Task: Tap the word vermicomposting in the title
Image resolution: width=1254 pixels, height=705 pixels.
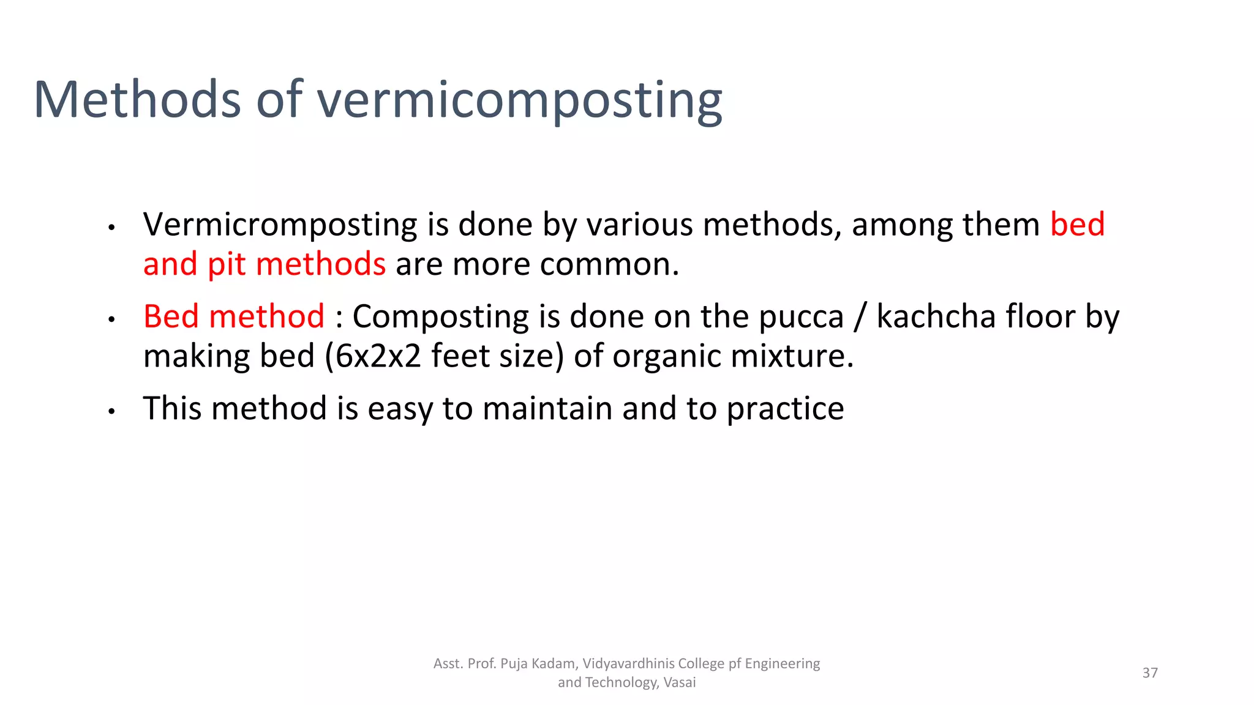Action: (519, 100)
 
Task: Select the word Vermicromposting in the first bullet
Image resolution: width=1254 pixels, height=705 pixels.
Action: (280, 225)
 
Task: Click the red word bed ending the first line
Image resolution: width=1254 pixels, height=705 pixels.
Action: (1077, 224)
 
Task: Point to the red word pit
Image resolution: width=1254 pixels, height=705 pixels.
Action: (227, 264)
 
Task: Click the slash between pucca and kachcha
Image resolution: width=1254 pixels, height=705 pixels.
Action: (860, 317)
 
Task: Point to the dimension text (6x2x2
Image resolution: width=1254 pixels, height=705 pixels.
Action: (373, 356)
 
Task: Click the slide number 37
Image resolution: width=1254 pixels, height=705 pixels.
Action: (1150, 673)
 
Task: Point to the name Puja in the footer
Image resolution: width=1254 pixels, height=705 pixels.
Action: (514, 664)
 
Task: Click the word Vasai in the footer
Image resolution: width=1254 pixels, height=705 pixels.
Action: (680, 682)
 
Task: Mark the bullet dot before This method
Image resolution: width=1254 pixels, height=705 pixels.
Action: (111, 411)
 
